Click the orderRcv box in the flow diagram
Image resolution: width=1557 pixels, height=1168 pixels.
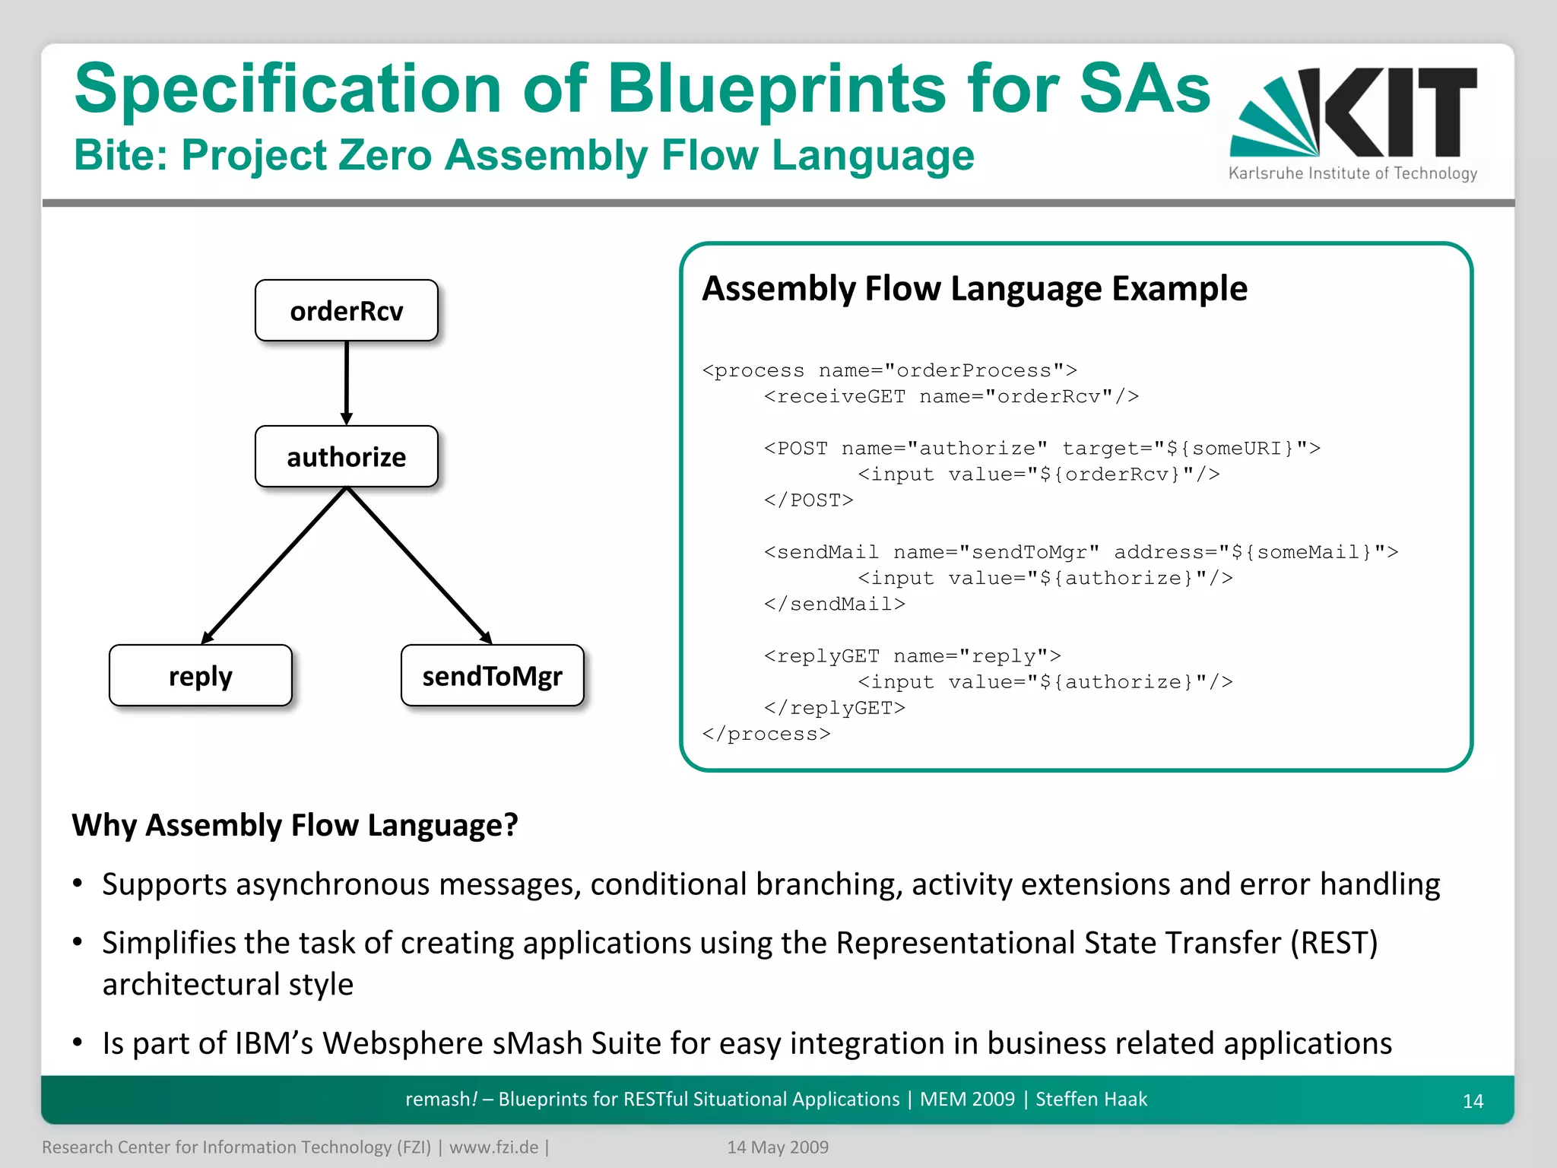tap(346, 311)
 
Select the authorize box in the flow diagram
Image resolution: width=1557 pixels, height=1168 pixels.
tap(346, 457)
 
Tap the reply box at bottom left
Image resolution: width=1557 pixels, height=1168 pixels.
tap(200, 676)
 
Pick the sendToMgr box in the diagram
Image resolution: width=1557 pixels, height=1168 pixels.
tap(492, 676)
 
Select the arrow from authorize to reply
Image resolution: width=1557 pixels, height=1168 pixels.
tap(274, 565)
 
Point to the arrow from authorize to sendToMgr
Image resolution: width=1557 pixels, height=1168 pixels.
tap(420, 565)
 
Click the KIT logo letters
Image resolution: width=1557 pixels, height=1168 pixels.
tap(1399, 112)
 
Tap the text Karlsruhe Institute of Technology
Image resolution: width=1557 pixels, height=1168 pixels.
tap(1352, 173)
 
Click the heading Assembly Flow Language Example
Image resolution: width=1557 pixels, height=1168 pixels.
tap(974, 289)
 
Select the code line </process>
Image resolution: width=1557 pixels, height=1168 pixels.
tap(766, 734)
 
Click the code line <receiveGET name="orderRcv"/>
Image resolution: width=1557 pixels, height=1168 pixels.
tap(951, 396)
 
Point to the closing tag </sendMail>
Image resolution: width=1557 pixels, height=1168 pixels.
tap(835, 604)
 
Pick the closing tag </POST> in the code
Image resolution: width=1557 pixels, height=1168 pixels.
tap(809, 500)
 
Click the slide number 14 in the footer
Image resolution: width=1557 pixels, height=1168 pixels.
tap(1473, 1101)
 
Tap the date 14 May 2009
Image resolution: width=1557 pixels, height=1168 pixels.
tap(778, 1147)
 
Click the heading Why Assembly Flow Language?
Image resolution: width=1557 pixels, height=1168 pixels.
tap(295, 825)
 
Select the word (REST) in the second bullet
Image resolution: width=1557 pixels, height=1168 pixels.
tap(1333, 943)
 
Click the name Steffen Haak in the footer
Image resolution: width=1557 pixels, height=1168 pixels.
tap(1091, 1100)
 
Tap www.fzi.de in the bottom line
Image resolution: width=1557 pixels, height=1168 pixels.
tap(493, 1147)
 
